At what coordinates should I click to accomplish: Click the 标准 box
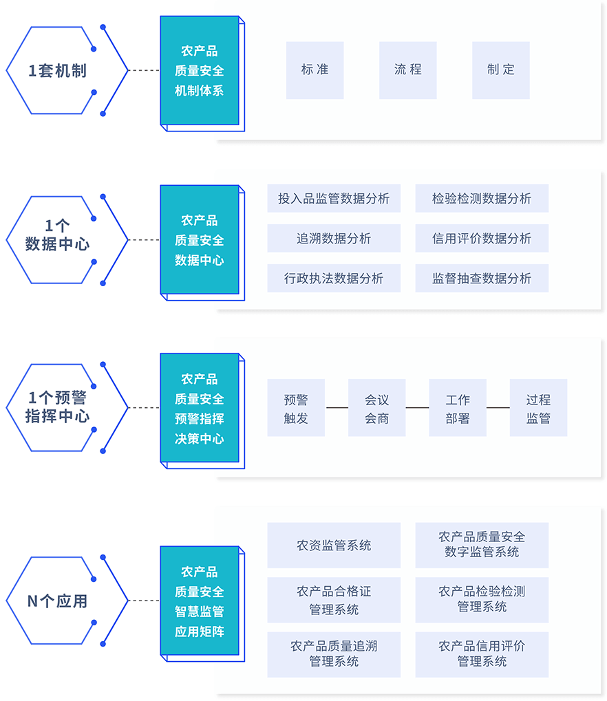(315, 69)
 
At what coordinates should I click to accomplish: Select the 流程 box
(407, 69)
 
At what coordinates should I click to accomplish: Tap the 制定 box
(500, 69)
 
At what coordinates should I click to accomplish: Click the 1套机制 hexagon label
(57, 71)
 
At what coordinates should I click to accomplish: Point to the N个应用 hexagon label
(57, 601)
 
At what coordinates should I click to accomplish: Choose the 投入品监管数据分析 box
(334, 199)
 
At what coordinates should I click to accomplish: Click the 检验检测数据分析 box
(482, 199)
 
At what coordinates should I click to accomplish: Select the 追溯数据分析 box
(334, 239)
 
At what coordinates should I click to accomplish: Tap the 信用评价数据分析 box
(482, 239)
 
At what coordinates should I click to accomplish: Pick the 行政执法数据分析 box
(334, 279)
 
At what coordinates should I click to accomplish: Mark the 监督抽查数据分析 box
(482, 279)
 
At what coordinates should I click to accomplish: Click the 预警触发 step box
(296, 408)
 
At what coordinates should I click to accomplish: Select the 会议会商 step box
(376, 408)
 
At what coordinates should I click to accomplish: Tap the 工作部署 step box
(458, 408)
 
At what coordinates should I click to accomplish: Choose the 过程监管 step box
(538, 408)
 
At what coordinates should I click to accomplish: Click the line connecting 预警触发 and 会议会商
(337, 408)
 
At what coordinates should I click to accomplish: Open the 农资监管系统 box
(334, 546)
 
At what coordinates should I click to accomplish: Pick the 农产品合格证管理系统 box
(334, 600)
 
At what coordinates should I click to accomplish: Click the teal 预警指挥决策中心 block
(200, 408)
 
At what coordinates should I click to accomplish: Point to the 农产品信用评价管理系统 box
(482, 654)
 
